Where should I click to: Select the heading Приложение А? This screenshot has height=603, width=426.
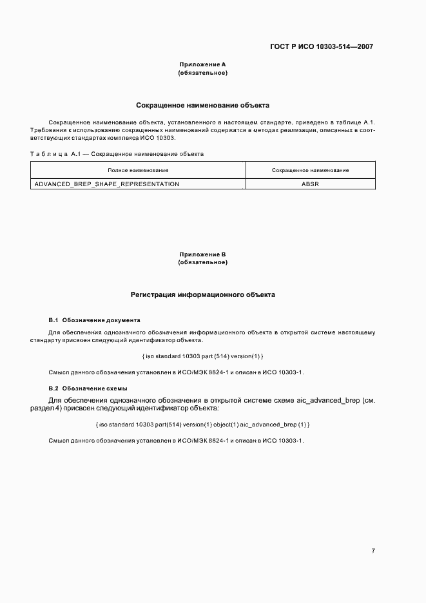[202, 64]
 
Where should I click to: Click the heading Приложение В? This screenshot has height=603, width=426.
[202, 254]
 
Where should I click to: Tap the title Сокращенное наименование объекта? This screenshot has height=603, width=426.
[202, 104]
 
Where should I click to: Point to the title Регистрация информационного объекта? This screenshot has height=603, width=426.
[202, 295]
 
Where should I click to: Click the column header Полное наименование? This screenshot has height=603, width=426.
[138, 170]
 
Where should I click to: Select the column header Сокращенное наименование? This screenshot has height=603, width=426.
[310, 170]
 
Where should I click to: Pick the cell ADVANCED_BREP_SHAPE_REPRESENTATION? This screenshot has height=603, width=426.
[107, 184]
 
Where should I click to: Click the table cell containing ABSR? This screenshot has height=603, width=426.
[310, 184]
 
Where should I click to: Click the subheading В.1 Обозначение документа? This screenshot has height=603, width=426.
[94, 320]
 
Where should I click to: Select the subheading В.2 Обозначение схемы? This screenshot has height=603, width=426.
[88, 388]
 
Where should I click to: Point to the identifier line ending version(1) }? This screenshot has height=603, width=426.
[202, 356]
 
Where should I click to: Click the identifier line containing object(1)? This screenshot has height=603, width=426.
[202, 424]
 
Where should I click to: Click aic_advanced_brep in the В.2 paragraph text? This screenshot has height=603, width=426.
[327, 400]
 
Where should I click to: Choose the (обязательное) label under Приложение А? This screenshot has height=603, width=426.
[202, 73]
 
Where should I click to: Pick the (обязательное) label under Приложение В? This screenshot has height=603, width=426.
[202, 263]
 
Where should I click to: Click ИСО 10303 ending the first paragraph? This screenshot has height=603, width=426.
[158, 139]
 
